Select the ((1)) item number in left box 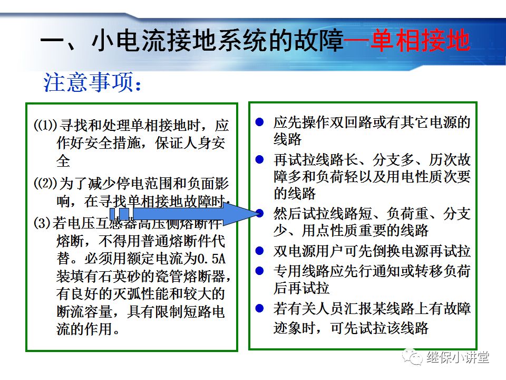[45, 126]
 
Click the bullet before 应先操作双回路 [259, 122]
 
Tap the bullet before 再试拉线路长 [259, 159]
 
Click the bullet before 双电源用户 [259, 251]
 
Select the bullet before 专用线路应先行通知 [259, 271]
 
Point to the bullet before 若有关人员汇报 [259, 308]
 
